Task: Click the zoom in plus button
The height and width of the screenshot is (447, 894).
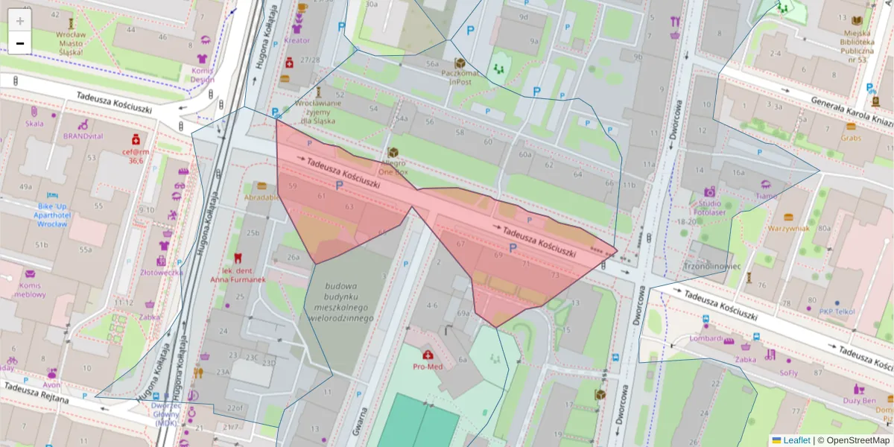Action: pyautogui.click(x=20, y=21)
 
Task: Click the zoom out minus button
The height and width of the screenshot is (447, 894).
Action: pyautogui.click(x=20, y=43)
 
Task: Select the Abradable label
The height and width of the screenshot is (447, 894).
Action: pyautogui.click(x=261, y=197)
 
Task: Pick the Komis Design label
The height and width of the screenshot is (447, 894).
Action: pyautogui.click(x=202, y=75)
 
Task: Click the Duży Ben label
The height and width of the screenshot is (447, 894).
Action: pyautogui.click(x=859, y=400)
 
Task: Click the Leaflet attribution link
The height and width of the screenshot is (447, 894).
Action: pyautogui.click(x=796, y=440)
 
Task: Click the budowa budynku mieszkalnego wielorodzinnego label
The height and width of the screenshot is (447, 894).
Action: pyautogui.click(x=341, y=302)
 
